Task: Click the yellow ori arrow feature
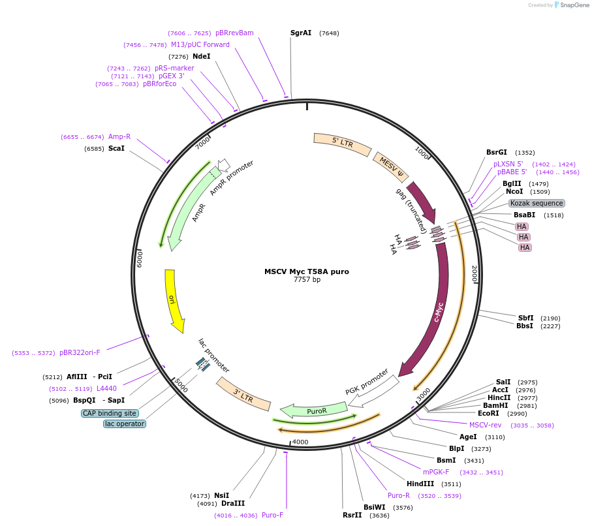pyautogui.click(x=173, y=300)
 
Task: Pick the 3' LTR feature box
pyautogui.click(x=243, y=394)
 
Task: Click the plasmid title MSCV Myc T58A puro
pyautogui.click(x=307, y=271)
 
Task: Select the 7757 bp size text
pyautogui.click(x=307, y=280)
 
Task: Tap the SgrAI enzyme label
pyautogui.click(x=301, y=33)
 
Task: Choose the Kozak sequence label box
pyautogui.click(x=537, y=203)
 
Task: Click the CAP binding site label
pyautogui.click(x=110, y=413)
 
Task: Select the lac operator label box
pyautogui.click(x=124, y=424)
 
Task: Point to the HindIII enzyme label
pyautogui.click(x=420, y=484)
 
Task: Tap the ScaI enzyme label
pyautogui.click(x=116, y=149)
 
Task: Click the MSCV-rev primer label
pyautogui.click(x=485, y=425)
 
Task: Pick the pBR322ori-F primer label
pyautogui.click(x=80, y=352)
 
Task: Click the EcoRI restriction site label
pyautogui.click(x=488, y=413)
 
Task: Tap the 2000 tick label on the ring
pyautogui.click(x=475, y=274)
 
